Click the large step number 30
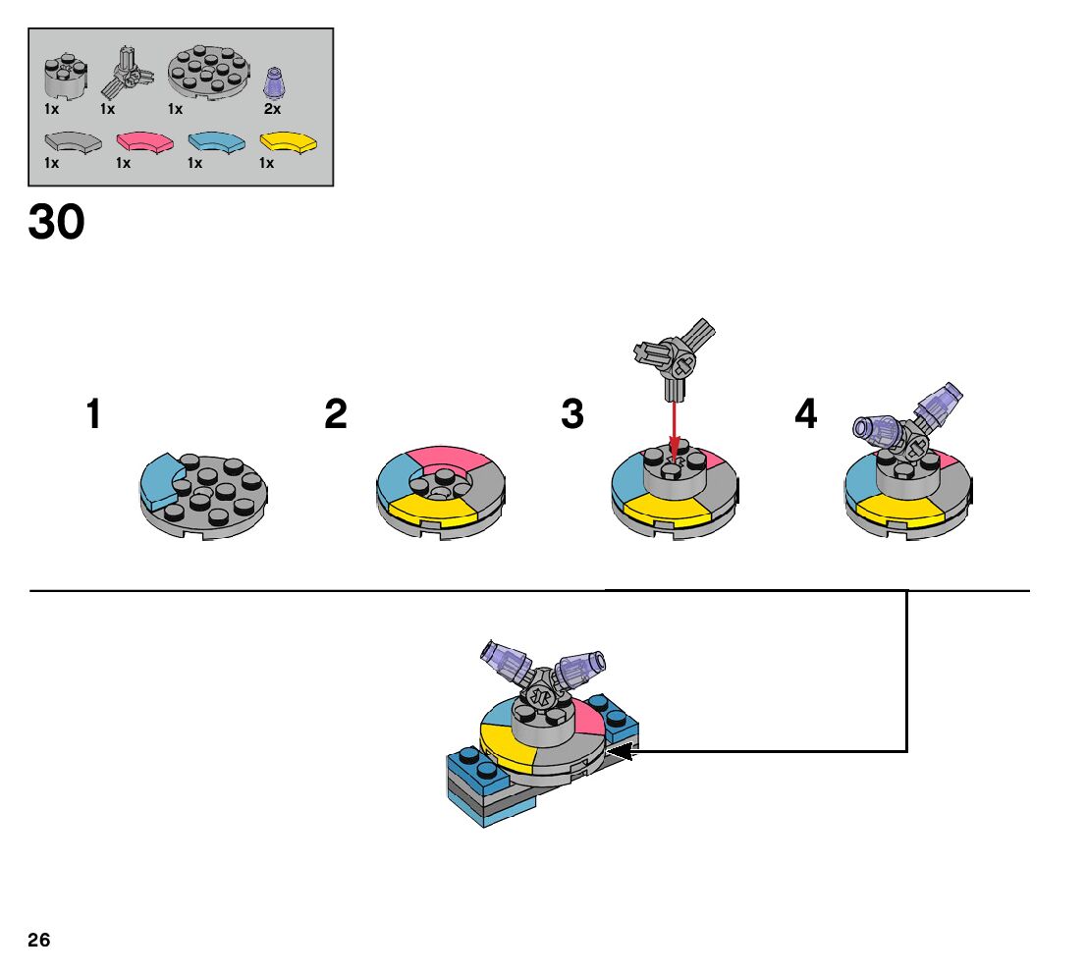coord(57,223)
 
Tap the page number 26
coord(39,940)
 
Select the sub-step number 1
coord(93,414)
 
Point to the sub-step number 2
coord(336,414)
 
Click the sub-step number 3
coord(572,414)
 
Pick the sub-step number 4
coord(805,414)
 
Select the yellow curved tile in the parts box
coord(290,141)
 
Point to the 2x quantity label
coord(272,109)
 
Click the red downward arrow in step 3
coord(674,427)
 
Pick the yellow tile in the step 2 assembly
coord(431,508)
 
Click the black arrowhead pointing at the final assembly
coord(624,752)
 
